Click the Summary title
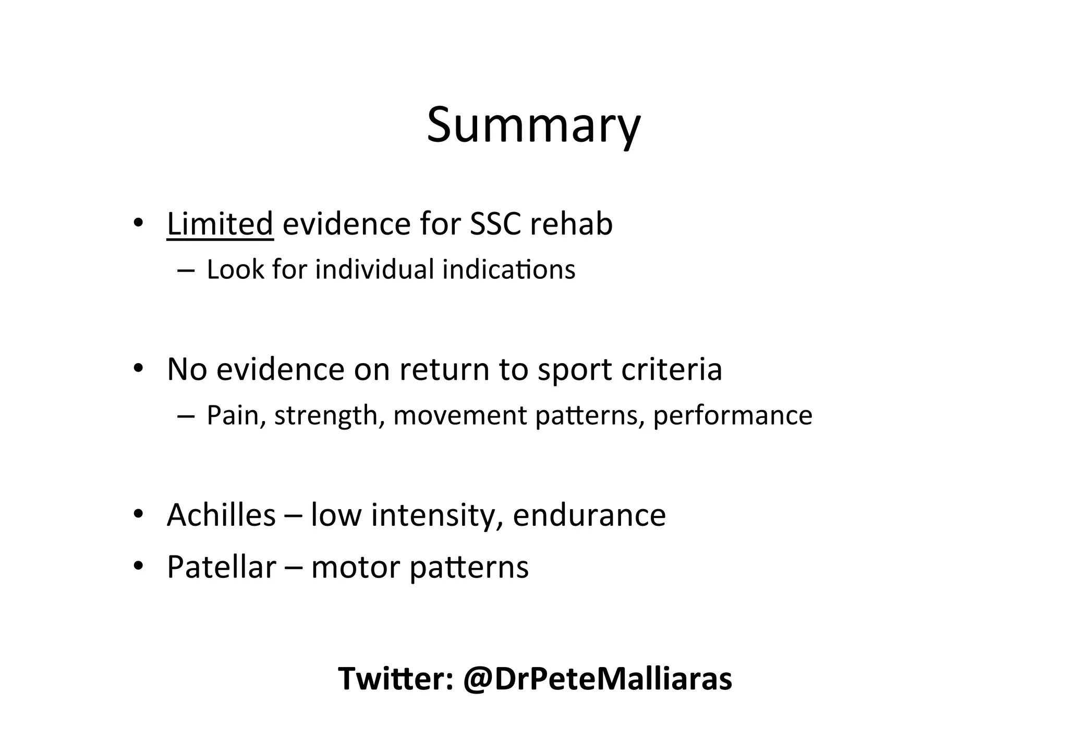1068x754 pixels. [533, 125]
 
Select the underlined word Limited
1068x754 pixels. [220, 224]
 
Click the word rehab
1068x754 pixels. [571, 224]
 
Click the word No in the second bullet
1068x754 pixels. [187, 369]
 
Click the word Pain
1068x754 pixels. [233, 415]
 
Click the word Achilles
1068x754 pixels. [221, 515]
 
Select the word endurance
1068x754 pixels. [589, 515]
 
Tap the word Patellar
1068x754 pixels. [221, 567]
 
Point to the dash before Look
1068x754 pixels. [186, 270]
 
